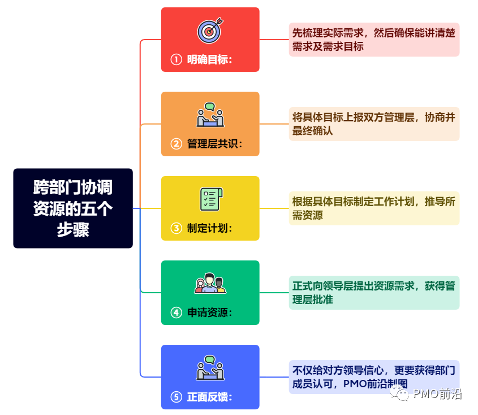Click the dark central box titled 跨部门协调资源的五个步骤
click(x=73, y=208)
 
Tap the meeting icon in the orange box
click(x=210, y=115)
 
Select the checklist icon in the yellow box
click(x=210, y=199)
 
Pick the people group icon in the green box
click(x=210, y=283)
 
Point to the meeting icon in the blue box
click(x=210, y=367)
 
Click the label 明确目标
click(x=209, y=59)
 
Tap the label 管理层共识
click(x=214, y=144)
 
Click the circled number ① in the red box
click(x=176, y=59)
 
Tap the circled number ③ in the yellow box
click(x=176, y=228)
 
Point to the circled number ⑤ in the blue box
click(x=176, y=397)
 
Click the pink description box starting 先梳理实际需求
click(x=374, y=40)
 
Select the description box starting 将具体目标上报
click(x=374, y=124)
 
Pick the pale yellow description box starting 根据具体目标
click(x=374, y=208)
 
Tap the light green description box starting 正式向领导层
click(x=374, y=292)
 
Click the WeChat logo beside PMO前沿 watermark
click(x=402, y=395)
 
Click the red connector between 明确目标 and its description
click(x=274, y=40)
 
